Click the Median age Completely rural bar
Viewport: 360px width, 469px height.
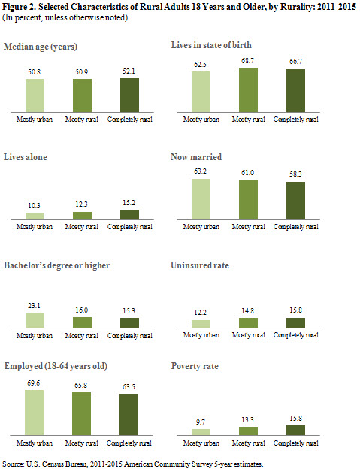(x=129, y=95)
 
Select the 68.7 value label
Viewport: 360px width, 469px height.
(x=247, y=61)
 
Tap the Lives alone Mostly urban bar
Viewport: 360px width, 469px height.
(x=35, y=216)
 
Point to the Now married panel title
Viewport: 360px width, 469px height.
(x=196, y=157)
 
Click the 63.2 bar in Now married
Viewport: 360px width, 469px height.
(x=201, y=199)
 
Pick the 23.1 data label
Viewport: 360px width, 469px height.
(x=34, y=306)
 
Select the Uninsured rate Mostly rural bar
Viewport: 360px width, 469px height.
(x=248, y=322)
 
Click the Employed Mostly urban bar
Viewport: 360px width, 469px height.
(x=34, y=413)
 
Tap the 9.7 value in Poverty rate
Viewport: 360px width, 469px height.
(x=201, y=422)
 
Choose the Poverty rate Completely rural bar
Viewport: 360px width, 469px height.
(x=295, y=431)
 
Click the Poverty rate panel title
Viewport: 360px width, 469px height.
(x=195, y=366)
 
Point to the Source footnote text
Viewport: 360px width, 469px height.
(x=133, y=464)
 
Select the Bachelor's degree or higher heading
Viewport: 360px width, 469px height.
(x=57, y=265)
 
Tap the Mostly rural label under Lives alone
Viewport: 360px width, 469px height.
(x=82, y=227)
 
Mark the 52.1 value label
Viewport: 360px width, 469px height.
(x=129, y=71)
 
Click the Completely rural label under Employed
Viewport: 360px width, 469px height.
(x=129, y=443)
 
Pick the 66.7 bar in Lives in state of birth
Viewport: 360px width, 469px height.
(x=295, y=91)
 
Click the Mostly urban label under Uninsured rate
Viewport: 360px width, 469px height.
(x=201, y=335)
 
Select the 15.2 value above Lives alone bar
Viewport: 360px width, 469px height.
(x=129, y=203)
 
